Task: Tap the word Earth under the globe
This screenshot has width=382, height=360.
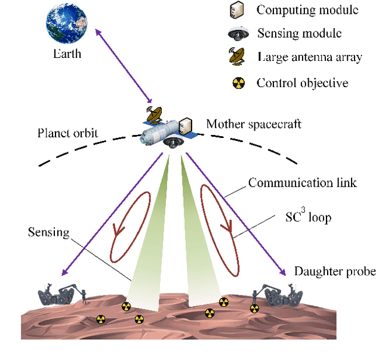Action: (x=67, y=54)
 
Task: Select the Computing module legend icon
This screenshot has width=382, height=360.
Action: (x=234, y=10)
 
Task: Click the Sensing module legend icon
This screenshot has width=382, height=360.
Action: (x=234, y=33)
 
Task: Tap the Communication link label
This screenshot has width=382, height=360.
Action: (x=303, y=183)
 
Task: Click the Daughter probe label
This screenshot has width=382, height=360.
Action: (x=334, y=272)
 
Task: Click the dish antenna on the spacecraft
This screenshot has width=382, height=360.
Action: (x=154, y=113)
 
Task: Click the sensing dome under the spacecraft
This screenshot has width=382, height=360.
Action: (x=174, y=142)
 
